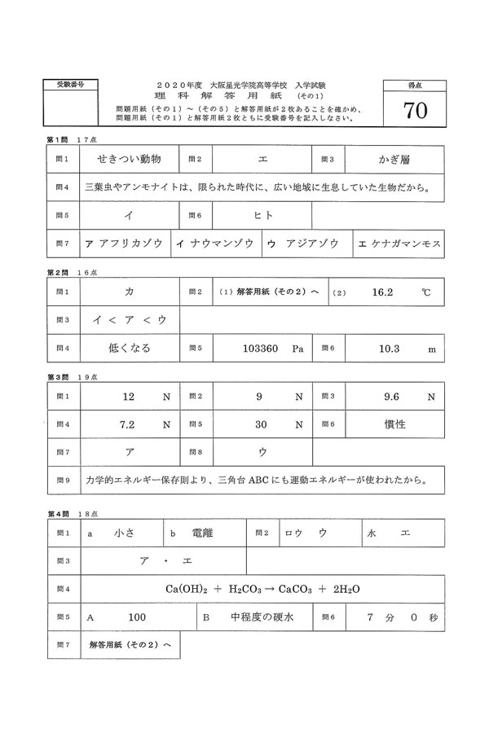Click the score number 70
point(415,112)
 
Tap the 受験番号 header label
point(69,85)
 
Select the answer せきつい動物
point(130,158)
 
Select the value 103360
point(262,348)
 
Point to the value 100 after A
point(137,617)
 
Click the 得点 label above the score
point(415,85)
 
